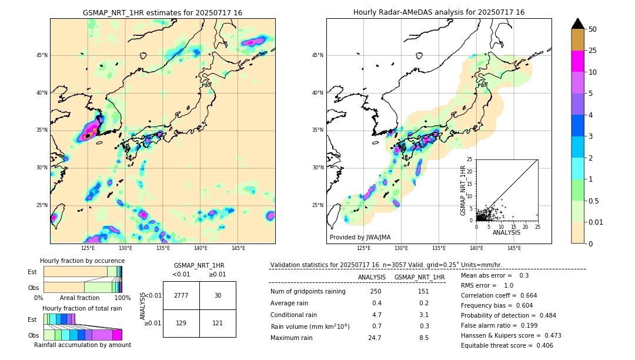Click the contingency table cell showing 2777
181,295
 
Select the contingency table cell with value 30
218,295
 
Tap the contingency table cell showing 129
181,323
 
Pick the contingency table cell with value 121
218,323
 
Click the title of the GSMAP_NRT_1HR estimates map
162,12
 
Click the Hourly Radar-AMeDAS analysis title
439,12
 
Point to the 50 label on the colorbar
593,29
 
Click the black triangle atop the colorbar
578,24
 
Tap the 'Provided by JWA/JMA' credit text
360,237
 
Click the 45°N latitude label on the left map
42,55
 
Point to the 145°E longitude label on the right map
514,248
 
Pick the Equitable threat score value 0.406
542,345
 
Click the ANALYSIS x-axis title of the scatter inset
506,232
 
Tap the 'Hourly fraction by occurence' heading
82,261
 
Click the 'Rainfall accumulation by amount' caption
82,345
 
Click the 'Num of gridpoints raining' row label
308,292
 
